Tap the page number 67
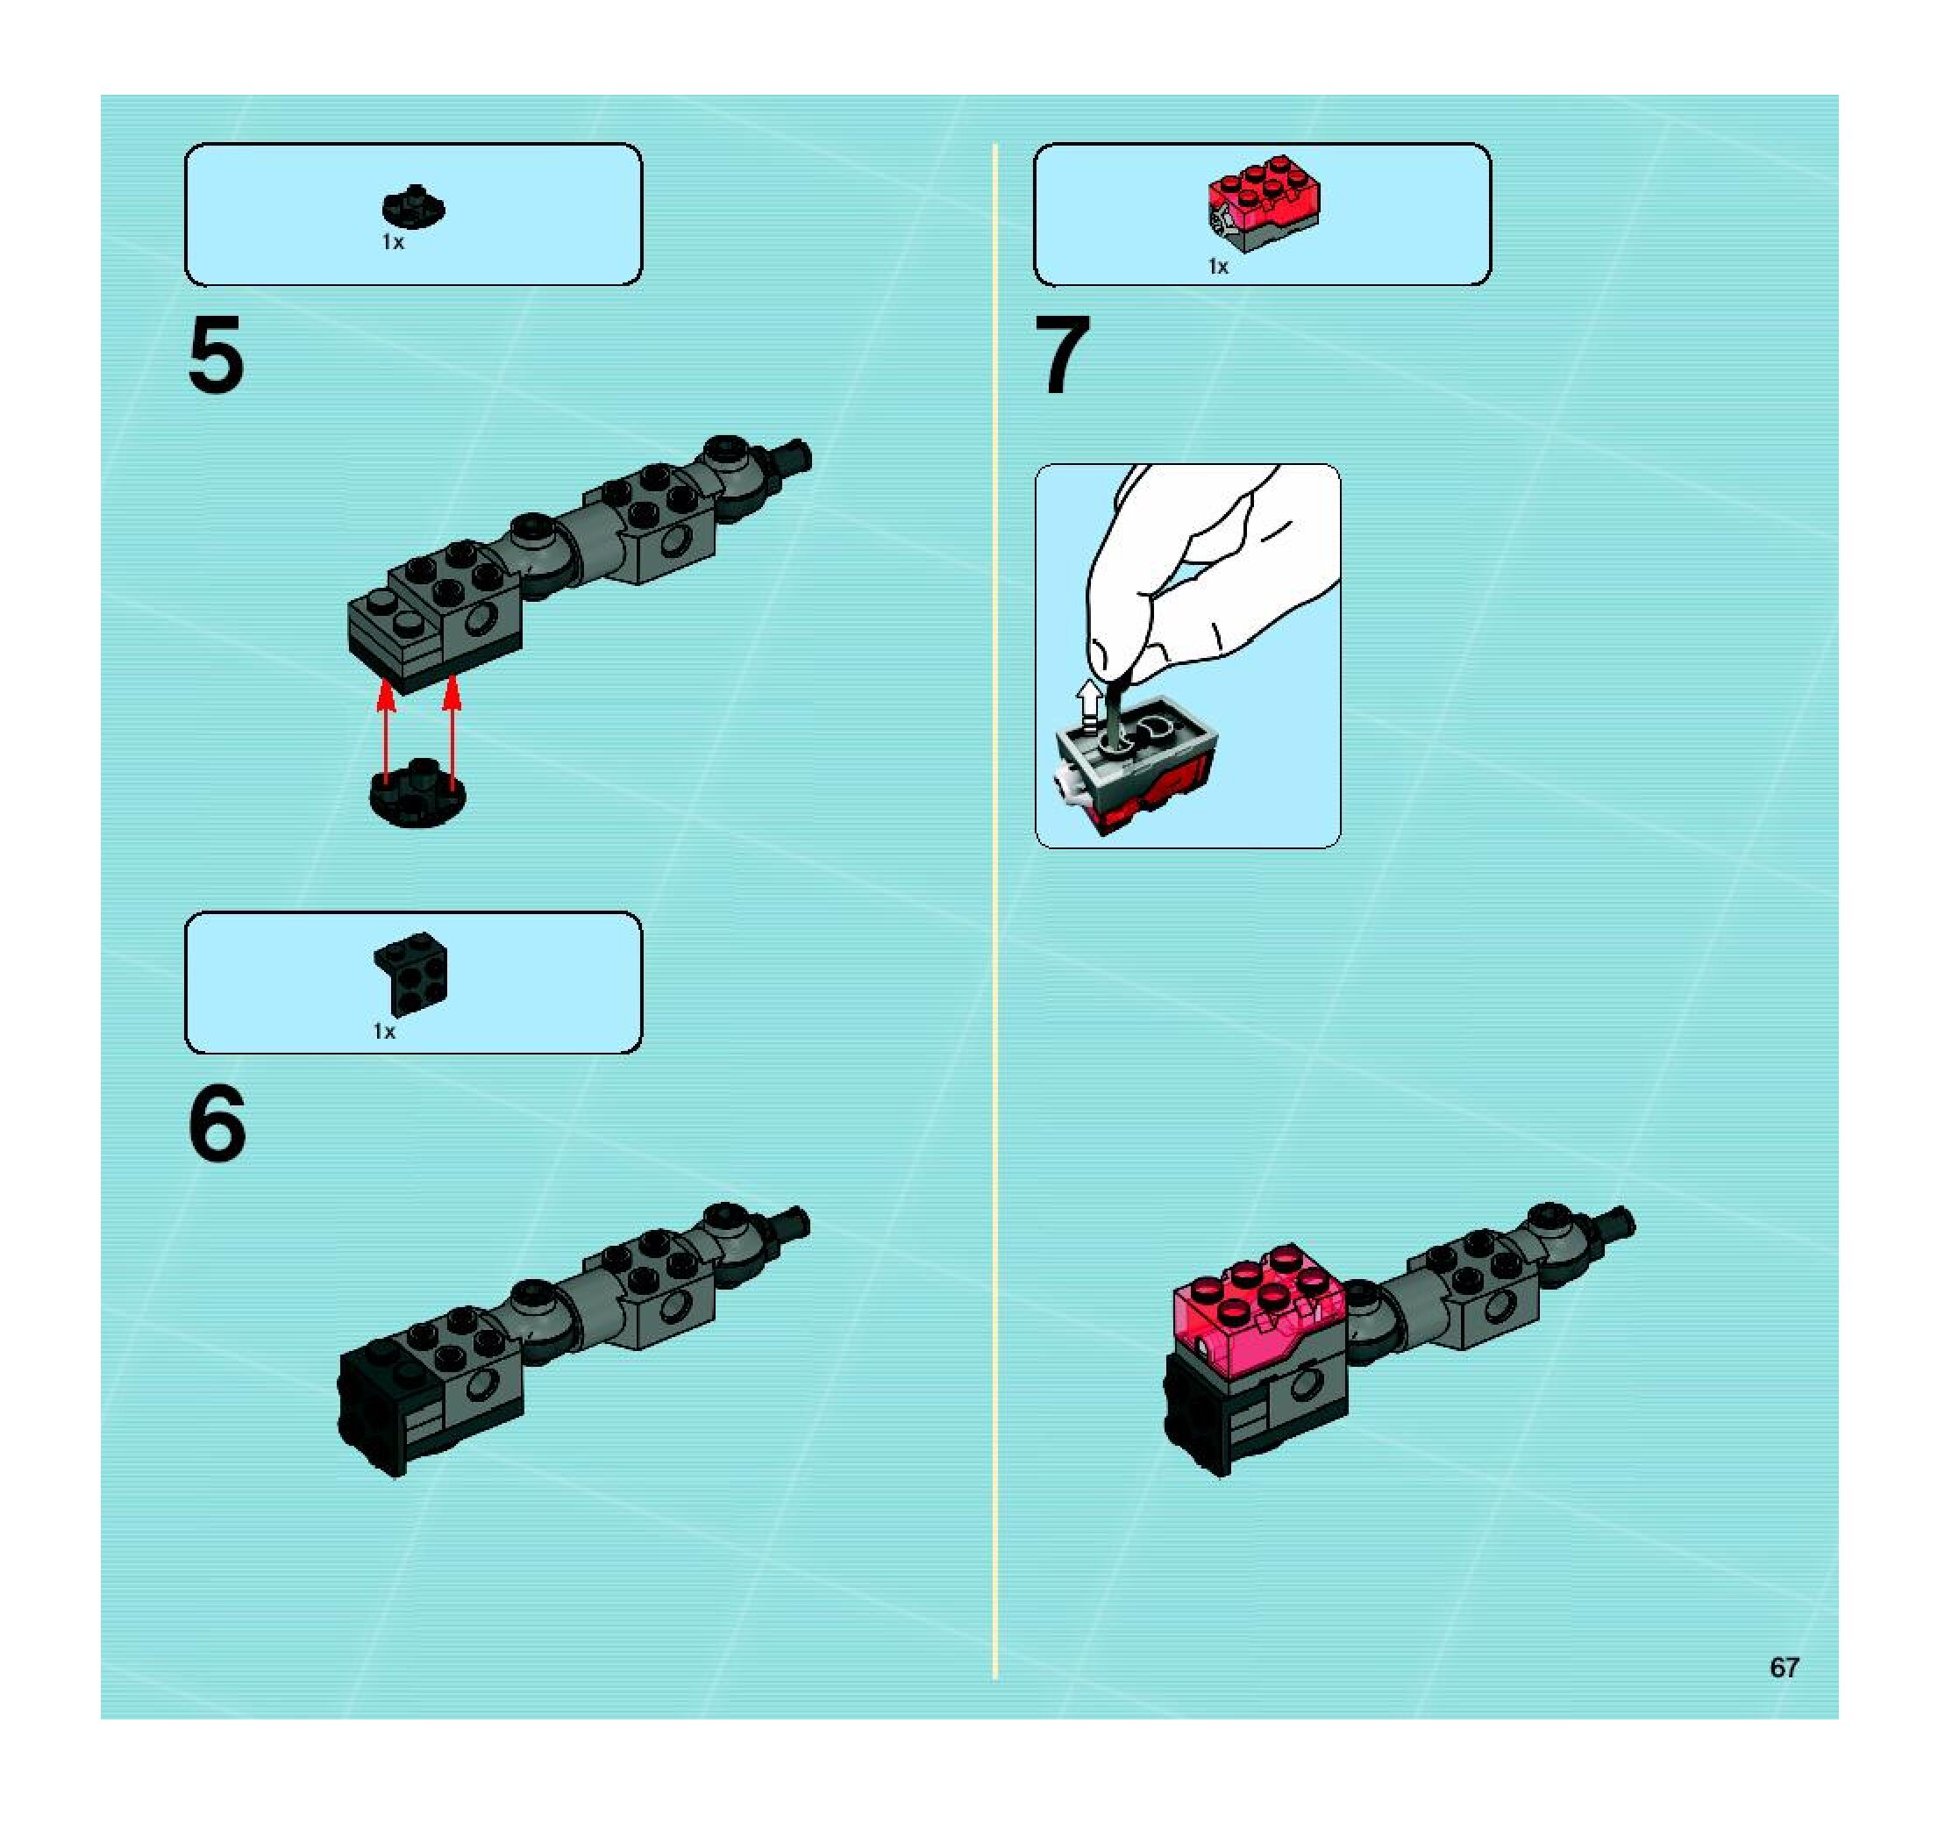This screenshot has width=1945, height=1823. tap(1784, 1668)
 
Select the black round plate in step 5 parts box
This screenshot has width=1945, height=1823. tap(414, 205)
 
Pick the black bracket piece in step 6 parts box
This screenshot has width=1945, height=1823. tap(411, 974)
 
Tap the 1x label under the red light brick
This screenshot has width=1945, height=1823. tap(1218, 266)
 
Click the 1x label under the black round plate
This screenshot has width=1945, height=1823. tap(392, 242)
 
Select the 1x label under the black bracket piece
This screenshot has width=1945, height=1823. tap(384, 1032)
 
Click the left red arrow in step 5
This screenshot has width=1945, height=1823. tap(388, 734)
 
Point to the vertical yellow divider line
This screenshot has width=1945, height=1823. tap(995, 912)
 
